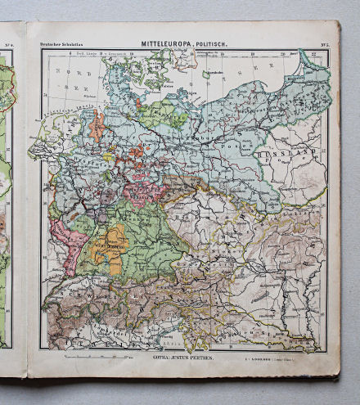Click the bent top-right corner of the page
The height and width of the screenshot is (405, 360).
[x=333, y=27]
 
